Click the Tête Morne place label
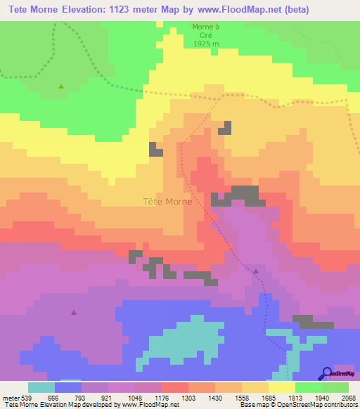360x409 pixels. point(167,202)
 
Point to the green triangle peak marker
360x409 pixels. point(61,86)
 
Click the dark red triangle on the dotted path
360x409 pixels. point(256,271)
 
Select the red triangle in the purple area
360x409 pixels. point(74,312)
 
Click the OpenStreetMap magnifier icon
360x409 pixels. point(326,372)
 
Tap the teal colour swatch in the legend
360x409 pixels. point(41,387)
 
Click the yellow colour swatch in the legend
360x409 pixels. point(282,387)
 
